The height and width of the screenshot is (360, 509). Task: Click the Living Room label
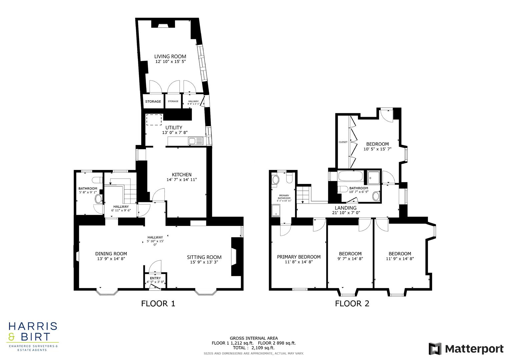(x=170, y=56)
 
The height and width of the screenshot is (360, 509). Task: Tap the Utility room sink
(x=192, y=141)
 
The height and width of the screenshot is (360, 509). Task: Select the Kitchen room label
(x=182, y=175)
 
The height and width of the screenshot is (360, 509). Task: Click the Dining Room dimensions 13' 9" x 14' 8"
(x=111, y=259)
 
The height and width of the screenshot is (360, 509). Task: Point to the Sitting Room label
(x=204, y=257)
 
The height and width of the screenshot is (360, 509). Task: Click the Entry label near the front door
(x=155, y=278)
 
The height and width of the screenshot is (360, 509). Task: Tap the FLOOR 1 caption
(x=158, y=303)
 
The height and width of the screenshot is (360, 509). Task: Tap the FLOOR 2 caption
(x=352, y=303)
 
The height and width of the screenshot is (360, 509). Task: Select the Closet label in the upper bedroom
(x=343, y=142)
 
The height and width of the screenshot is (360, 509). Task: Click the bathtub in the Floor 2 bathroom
(x=351, y=176)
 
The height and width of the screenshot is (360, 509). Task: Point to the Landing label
(x=345, y=208)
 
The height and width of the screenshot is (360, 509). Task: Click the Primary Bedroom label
(x=299, y=257)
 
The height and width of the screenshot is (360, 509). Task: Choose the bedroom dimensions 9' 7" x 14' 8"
(x=350, y=259)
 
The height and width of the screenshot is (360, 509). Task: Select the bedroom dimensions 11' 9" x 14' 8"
(x=400, y=259)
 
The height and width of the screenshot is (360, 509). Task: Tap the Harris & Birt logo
(x=33, y=335)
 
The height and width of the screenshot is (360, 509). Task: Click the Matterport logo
(x=466, y=349)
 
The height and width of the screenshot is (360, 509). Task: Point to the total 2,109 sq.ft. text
(x=254, y=348)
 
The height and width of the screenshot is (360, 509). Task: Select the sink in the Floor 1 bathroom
(x=99, y=199)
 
